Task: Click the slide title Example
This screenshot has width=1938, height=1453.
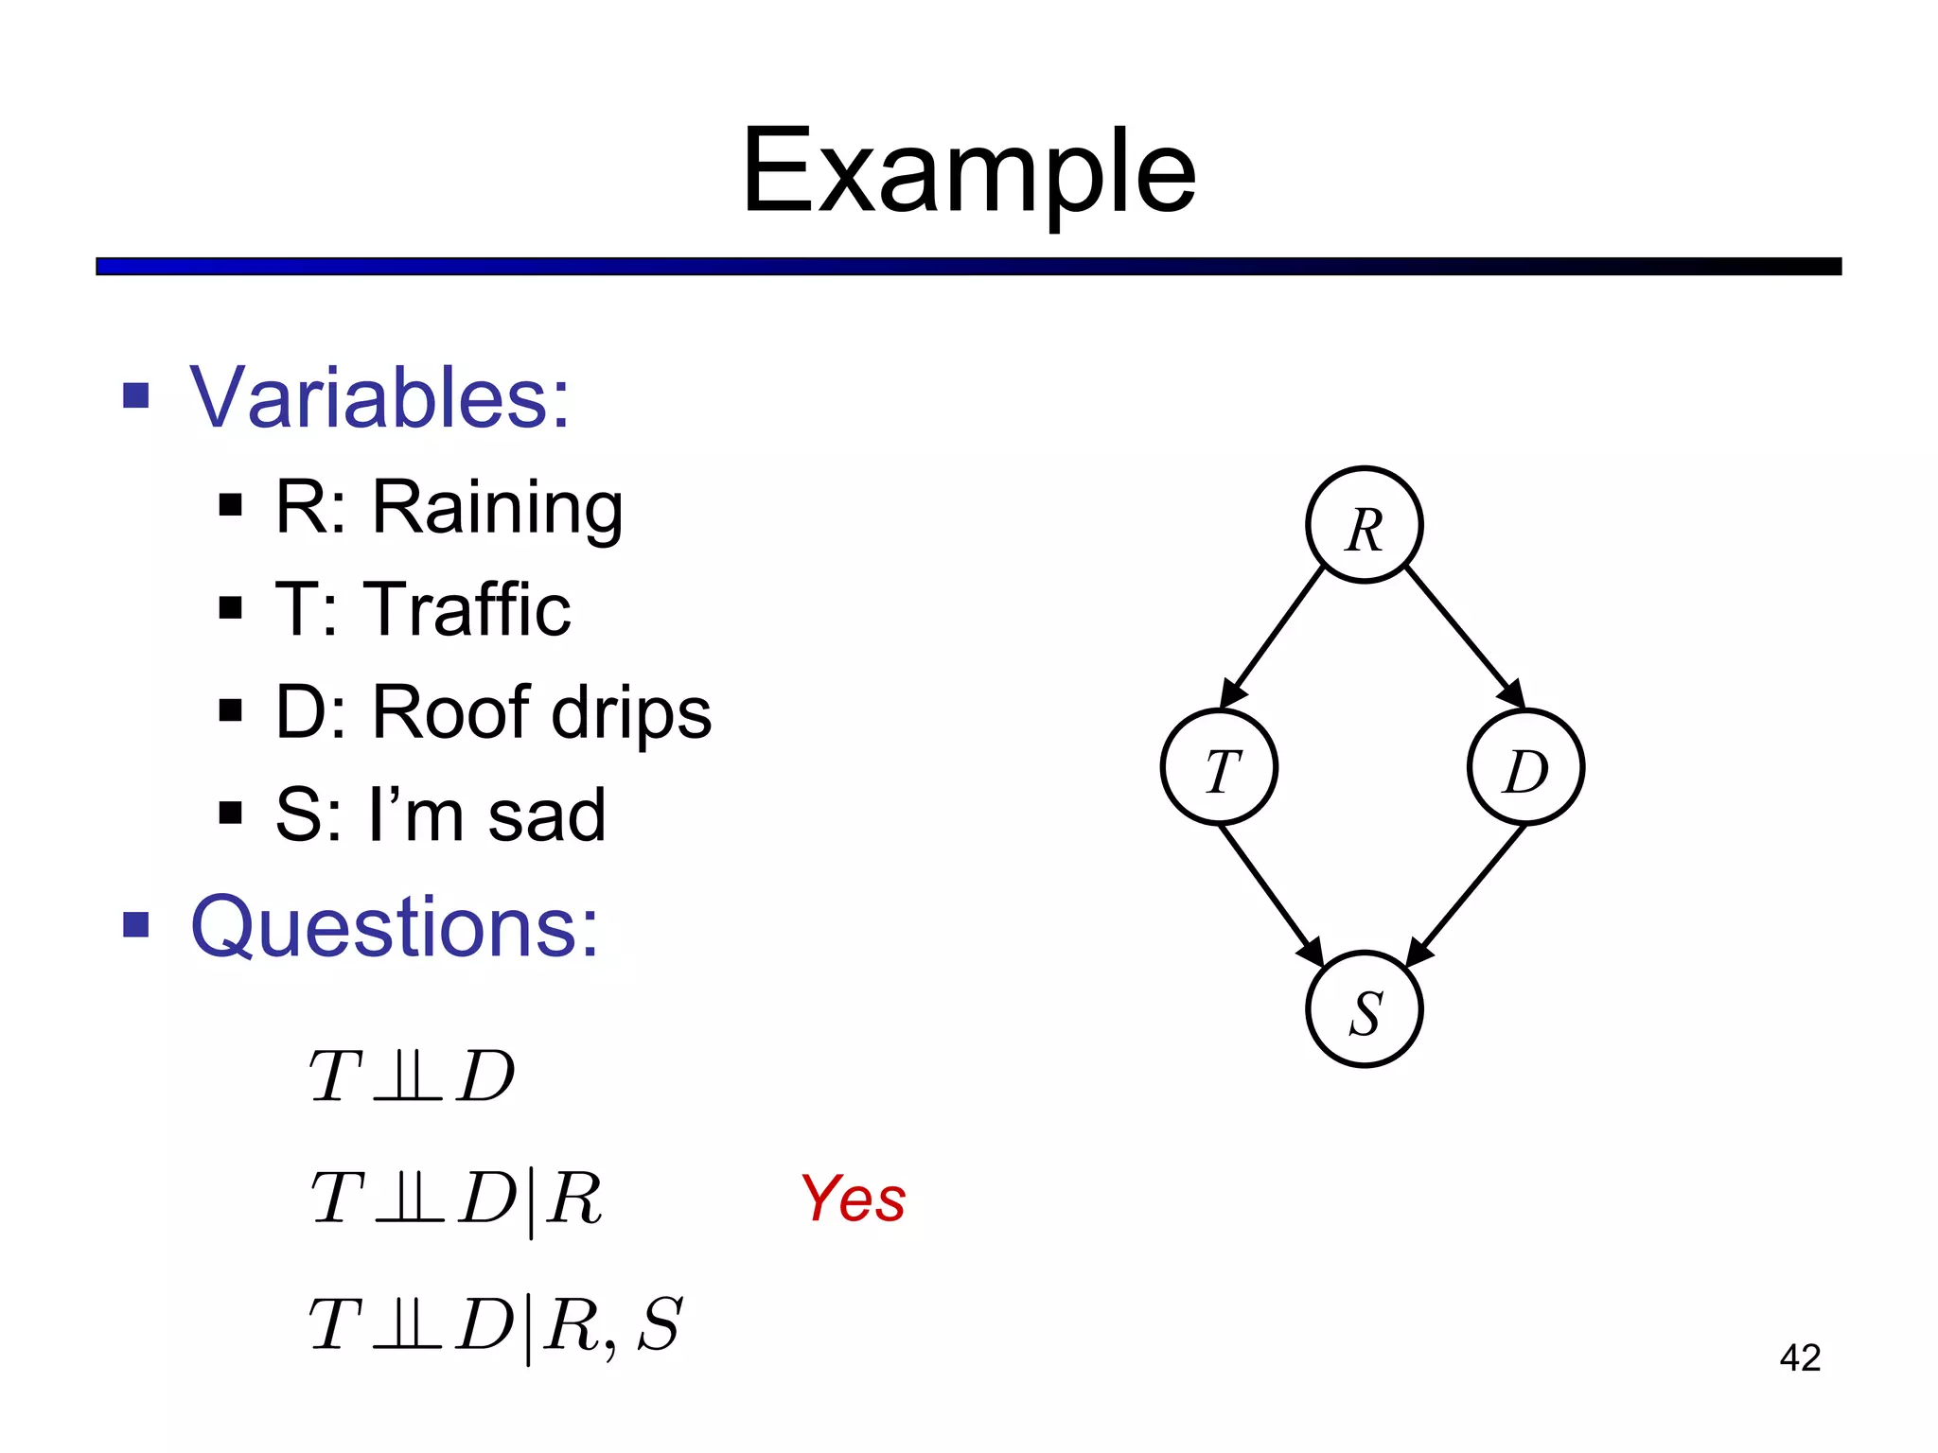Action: (x=968, y=172)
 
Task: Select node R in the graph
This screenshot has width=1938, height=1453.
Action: (x=1364, y=525)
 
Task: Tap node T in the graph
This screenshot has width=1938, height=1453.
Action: (x=1219, y=767)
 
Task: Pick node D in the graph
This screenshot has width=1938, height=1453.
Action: (x=1525, y=767)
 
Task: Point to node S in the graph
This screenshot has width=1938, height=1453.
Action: (x=1364, y=1009)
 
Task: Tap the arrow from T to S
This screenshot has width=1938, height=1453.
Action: (x=1271, y=895)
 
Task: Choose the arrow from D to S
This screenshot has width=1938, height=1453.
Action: (x=1467, y=895)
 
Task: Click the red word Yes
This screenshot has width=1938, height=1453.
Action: (x=853, y=1199)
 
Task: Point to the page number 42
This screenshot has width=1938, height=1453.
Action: (x=1800, y=1358)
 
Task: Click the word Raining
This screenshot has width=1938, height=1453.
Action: (x=497, y=509)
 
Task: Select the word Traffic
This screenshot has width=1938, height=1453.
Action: (x=470, y=610)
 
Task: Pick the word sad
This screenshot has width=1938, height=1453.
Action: (x=546, y=814)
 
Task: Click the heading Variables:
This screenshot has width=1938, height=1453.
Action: (x=379, y=397)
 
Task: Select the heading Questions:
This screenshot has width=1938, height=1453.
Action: (x=394, y=927)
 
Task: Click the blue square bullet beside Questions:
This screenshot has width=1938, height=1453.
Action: (x=136, y=924)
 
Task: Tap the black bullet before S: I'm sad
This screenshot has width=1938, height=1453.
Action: (x=230, y=813)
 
